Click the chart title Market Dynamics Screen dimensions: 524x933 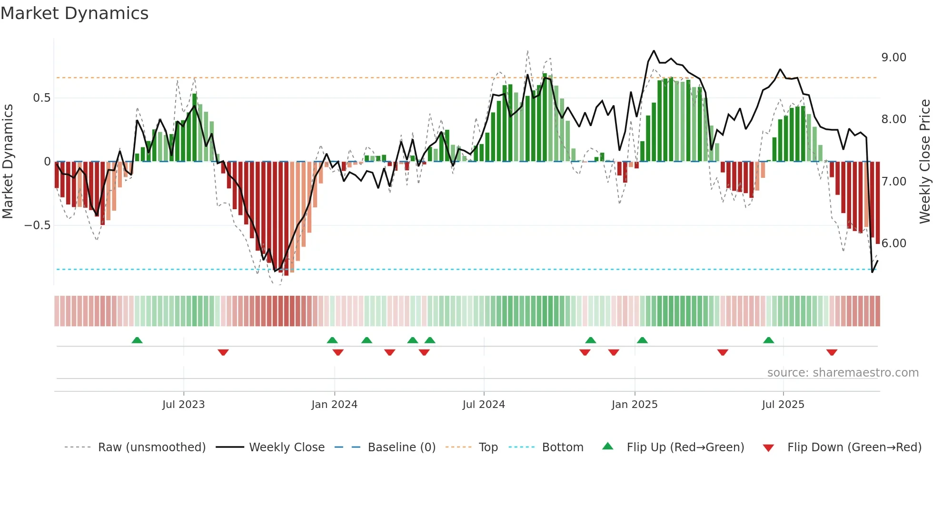[74, 13]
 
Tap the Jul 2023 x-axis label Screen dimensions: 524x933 [183, 405]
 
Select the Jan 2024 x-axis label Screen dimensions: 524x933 [334, 405]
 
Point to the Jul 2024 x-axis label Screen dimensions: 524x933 [484, 405]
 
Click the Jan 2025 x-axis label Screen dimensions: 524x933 [635, 405]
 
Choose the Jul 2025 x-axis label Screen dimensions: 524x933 [783, 405]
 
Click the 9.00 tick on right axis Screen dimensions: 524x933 [893, 58]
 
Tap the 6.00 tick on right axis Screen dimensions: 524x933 [893, 243]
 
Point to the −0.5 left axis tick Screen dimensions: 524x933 [37, 225]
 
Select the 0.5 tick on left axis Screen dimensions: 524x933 [41, 98]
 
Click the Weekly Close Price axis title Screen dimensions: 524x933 [924, 161]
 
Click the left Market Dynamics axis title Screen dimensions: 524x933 [8, 161]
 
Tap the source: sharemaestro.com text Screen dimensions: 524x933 [843, 373]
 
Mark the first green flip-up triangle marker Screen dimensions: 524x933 [137, 340]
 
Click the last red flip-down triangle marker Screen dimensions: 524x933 [832, 352]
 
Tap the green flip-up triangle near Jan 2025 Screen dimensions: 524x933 [642, 340]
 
